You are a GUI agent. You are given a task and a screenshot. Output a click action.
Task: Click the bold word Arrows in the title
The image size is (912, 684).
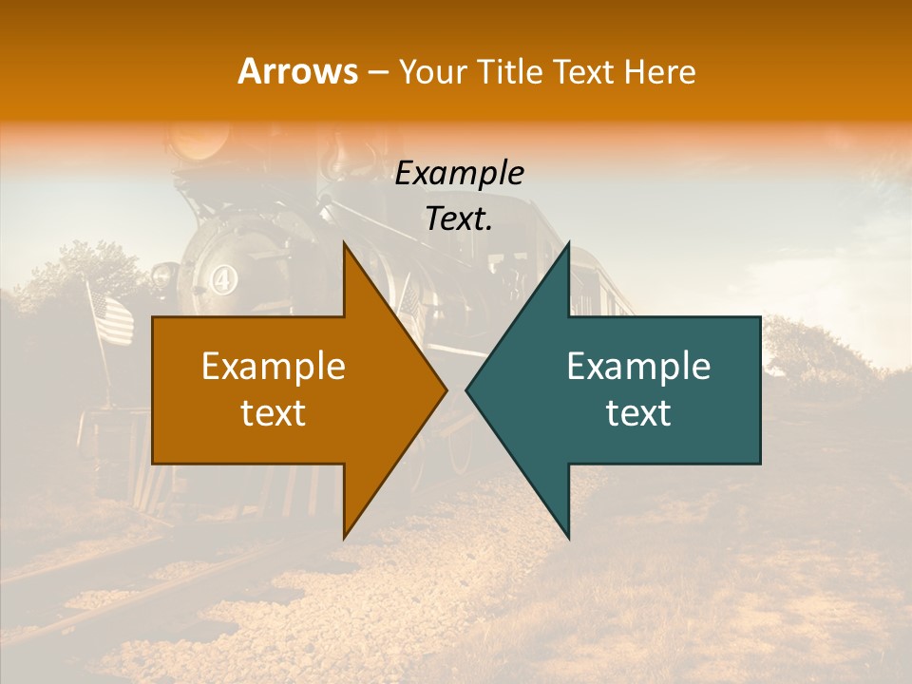[298, 71]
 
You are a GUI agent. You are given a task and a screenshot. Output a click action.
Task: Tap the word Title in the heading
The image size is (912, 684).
[509, 71]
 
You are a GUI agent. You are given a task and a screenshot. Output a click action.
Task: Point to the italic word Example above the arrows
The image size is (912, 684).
[459, 174]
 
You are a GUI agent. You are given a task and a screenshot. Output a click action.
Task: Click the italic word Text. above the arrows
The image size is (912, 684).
[459, 219]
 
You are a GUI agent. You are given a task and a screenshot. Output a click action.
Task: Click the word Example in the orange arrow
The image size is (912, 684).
[274, 367]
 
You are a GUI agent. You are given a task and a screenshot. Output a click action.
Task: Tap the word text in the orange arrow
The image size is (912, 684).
[274, 413]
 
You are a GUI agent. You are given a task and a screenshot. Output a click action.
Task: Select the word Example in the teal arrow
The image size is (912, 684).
[638, 367]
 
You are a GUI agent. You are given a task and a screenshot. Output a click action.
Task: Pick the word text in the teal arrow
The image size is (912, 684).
[638, 413]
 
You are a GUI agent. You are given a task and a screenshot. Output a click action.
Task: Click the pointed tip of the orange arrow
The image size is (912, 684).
[446, 390]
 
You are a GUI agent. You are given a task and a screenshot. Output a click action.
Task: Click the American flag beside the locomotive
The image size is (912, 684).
[112, 318]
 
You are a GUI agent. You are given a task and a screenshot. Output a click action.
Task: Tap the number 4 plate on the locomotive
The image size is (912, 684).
[222, 281]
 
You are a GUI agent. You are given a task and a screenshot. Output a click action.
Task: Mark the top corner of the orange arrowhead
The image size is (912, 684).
[345, 244]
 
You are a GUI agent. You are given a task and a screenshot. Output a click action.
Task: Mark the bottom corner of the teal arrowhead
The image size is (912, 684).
[568, 537]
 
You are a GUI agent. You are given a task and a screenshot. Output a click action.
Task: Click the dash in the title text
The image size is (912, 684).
[376, 73]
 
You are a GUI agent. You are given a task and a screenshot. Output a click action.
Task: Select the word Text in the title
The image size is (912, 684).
[582, 71]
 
